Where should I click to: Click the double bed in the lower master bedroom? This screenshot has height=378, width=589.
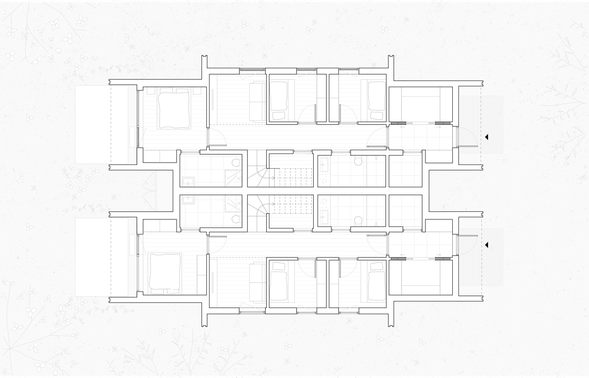click(165, 272)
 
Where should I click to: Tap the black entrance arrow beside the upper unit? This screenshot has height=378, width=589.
click(487, 137)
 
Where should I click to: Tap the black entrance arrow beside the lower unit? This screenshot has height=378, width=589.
click(487, 245)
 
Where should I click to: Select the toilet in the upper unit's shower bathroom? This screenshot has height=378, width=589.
click(236, 163)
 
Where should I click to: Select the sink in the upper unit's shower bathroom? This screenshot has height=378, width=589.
click(188, 182)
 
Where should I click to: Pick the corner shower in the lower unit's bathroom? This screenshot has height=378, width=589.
click(233, 203)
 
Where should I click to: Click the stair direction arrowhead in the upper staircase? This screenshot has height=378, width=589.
click(274, 178)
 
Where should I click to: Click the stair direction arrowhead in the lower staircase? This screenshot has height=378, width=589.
click(274, 204)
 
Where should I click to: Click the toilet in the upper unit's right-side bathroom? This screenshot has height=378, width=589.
click(358, 162)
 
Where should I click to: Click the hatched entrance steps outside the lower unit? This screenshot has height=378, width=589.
click(482, 257)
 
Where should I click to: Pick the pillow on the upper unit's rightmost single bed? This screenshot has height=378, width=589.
click(377, 115)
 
